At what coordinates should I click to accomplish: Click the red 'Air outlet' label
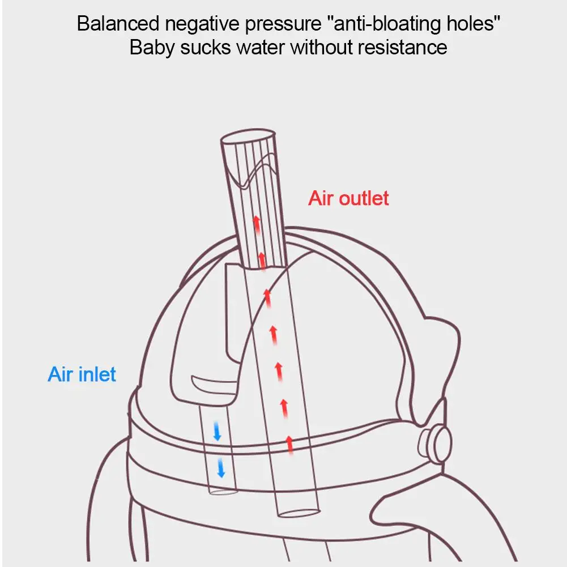(x=348, y=198)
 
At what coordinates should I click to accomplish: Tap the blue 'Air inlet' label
(x=82, y=374)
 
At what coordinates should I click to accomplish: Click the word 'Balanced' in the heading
(x=118, y=23)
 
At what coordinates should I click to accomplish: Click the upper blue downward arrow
(x=217, y=430)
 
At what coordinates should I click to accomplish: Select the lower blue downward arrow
(x=220, y=467)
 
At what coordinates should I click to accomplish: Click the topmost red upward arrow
(x=257, y=224)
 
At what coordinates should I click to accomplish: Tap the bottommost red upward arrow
(x=289, y=445)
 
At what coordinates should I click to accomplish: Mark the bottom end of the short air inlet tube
(x=223, y=492)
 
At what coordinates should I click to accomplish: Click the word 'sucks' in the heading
(x=205, y=48)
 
